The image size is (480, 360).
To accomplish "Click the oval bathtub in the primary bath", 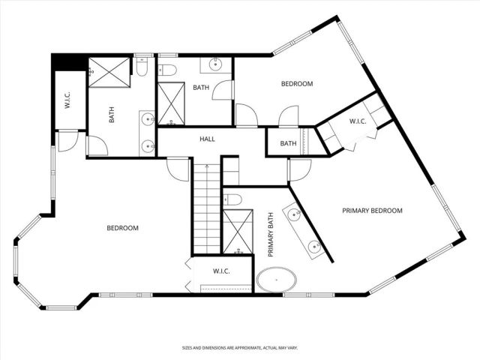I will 277,281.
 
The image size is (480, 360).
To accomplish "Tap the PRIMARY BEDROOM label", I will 372,211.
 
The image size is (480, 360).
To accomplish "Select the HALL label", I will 208,139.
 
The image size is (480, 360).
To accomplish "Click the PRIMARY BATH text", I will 271,236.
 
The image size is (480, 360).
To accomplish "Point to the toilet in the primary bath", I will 232,199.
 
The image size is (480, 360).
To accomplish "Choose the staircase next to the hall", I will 205,210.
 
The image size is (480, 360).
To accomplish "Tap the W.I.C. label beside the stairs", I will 220,271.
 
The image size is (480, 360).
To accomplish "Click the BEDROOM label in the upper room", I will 296,84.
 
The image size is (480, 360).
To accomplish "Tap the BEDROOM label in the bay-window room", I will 122,228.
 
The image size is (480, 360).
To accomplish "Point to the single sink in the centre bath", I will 214,62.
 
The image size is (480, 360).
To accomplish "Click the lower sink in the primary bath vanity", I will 315,245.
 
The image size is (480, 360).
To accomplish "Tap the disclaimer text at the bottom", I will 239,348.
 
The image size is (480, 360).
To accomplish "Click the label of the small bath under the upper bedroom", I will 288,143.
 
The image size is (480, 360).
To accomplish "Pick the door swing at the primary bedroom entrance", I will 298,171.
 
